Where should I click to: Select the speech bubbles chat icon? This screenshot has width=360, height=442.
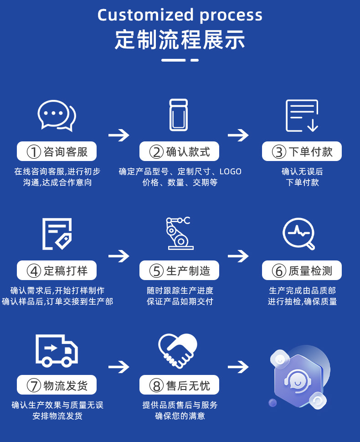coord(57,115)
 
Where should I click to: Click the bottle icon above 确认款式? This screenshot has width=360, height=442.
coord(179,115)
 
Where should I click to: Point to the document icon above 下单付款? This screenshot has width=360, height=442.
coord(302,115)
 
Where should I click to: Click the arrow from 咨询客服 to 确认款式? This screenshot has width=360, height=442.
coord(119,135)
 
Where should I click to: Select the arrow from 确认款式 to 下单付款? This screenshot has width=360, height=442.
coord(238,135)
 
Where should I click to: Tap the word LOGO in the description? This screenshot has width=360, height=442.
coord(230,172)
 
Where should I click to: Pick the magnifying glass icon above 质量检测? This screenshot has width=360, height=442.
coord(298,234)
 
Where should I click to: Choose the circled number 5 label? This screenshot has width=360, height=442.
coord(157,271)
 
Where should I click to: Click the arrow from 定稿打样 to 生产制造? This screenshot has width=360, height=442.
coord(119,255)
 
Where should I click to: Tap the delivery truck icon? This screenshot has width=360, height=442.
coord(57,350)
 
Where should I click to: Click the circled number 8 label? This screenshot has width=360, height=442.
coord(157,386)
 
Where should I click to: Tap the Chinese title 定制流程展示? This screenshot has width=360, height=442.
coord(180,40)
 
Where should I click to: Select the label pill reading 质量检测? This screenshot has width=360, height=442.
coord(302,271)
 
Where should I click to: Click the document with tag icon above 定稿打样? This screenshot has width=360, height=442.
coord(57,234)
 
